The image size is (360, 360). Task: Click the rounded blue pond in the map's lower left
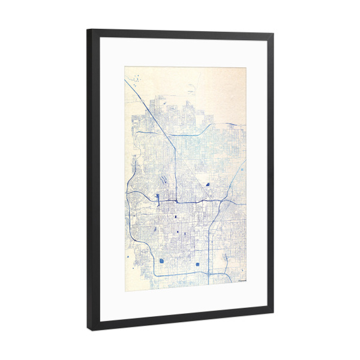162,260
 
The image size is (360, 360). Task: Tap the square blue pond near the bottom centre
197,264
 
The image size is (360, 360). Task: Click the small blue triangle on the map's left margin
128,257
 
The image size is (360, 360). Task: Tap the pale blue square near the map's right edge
241,170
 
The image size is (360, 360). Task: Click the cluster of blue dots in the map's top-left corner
136,79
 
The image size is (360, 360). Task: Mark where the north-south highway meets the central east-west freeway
175,200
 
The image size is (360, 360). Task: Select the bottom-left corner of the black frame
89,329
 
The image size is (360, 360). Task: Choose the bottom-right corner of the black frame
273,314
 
